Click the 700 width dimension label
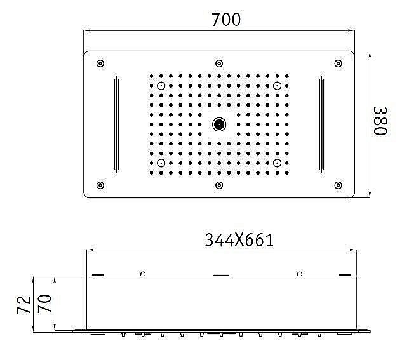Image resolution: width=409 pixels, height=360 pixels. pos(227,20)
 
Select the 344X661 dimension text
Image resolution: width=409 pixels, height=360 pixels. pos(239,240)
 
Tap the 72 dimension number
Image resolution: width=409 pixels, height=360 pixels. pos(23,305)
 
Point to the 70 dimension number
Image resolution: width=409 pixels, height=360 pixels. pos(44,304)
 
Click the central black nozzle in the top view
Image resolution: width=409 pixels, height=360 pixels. pos(219,124)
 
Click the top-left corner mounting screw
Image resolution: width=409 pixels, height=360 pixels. pos(100,63)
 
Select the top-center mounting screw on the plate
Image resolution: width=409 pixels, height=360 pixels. pos(219,63)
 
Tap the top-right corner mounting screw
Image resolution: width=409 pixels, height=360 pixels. pos(338,63)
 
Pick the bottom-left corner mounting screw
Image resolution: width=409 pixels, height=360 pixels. pos(100,185)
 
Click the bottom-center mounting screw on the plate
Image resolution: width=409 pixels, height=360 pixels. pos(219,185)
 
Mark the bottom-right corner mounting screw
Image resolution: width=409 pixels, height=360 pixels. pos(338,185)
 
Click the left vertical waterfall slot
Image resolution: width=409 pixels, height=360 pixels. pos(116,124)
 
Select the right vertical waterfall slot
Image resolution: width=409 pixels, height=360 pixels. pos(322,124)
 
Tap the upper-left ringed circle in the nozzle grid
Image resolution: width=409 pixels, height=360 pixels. pos(162,85)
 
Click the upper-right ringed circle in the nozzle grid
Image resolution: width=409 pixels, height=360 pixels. pos(278,85)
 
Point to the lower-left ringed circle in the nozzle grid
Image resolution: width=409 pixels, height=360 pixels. pos(162,163)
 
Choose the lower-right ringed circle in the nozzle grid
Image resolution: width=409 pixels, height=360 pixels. pos(278,163)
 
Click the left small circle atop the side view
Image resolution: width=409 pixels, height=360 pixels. pos(144,274)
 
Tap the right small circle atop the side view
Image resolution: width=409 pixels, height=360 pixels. pos(298,274)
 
